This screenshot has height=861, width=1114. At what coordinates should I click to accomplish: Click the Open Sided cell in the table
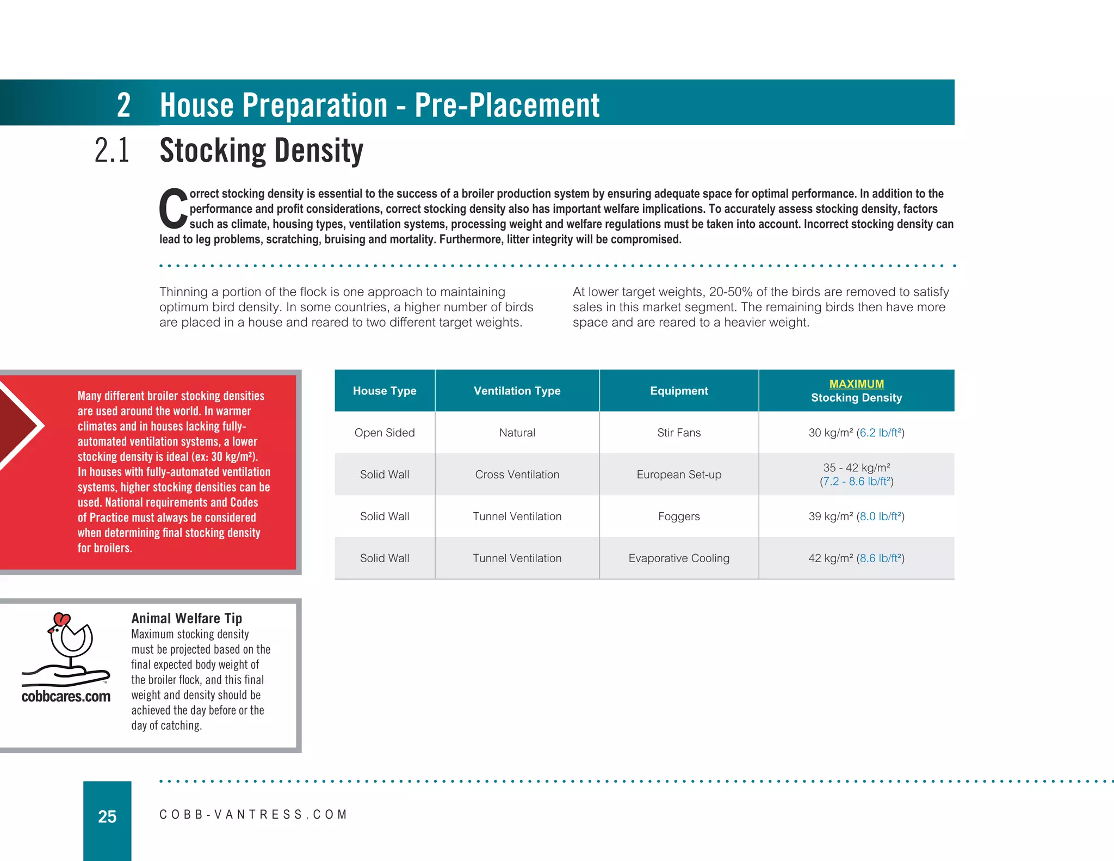(x=385, y=433)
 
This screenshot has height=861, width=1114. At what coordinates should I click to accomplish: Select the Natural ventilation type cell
(x=517, y=433)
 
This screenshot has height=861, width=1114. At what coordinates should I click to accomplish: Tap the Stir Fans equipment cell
(x=679, y=433)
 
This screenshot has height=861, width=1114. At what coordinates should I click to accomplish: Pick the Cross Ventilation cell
(x=517, y=475)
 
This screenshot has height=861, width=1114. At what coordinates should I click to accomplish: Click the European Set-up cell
(x=679, y=475)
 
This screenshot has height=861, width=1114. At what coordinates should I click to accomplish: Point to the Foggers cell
(x=679, y=516)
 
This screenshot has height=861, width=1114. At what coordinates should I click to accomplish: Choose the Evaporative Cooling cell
(x=679, y=558)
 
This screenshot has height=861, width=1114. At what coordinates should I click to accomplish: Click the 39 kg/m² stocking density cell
(x=856, y=516)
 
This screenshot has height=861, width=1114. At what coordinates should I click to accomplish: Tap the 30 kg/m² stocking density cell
(x=856, y=433)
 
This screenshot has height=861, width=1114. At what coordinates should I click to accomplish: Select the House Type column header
(x=385, y=391)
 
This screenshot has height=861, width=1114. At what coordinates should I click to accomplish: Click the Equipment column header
(x=679, y=391)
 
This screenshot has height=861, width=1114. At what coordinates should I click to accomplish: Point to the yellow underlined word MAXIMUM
(x=856, y=384)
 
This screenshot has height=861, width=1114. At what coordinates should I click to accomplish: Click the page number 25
(x=107, y=816)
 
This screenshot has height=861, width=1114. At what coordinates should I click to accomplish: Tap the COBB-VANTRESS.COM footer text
(x=253, y=815)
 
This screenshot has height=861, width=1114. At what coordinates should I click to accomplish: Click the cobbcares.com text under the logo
(x=66, y=697)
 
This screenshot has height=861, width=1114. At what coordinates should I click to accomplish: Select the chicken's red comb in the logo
(x=61, y=619)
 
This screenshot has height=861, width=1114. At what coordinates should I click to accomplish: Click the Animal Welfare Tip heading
(x=187, y=618)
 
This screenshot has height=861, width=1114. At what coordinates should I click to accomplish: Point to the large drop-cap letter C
(x=173, y=209)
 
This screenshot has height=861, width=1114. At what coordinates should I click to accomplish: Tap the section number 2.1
(x=112, y=151)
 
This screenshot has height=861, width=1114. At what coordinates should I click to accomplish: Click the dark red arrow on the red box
(x=16, y=425)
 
